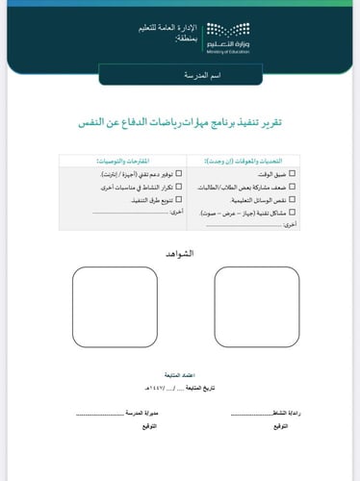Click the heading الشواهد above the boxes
point(180,252)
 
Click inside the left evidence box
point(115,307)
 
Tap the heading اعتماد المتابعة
point(180,371)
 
